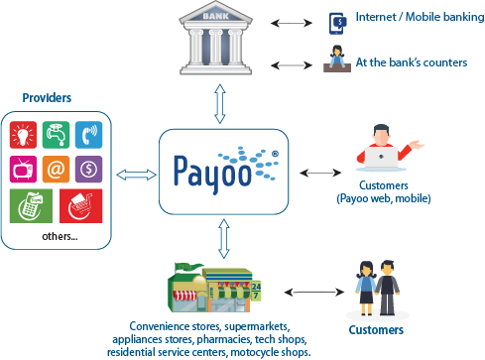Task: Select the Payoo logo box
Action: (x=220, y=170)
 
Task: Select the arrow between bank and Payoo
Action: (x=220, y=103)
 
